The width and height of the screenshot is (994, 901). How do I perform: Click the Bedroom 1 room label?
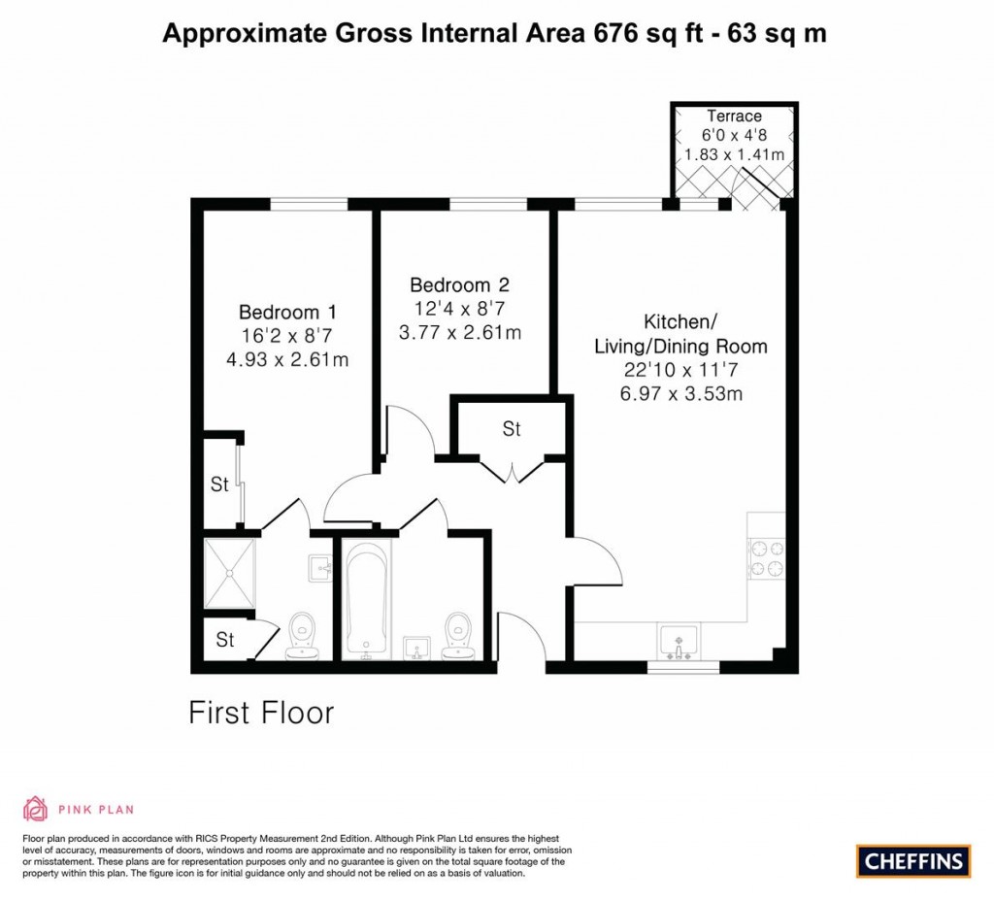tap(287, 313)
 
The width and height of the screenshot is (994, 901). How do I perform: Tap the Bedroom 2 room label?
tap(459, 285)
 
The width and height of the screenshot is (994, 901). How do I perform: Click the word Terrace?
tap(734, 117)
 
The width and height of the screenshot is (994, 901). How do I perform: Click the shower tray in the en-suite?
tap(230, 574)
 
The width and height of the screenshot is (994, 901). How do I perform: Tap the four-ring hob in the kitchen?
tap(765, 558)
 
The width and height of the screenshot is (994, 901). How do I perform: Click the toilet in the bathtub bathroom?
tap(454, 637)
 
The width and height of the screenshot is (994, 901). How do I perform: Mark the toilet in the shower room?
tap(304, 637)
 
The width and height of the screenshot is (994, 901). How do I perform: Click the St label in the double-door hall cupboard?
tap(511, 428)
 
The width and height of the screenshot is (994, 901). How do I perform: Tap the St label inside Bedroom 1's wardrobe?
tap(220, 484)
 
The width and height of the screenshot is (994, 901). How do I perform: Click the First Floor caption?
tap(261, 713)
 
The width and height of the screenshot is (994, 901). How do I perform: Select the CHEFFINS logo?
tap(913, 860)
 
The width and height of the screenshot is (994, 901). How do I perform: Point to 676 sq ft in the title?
tap(644, 34)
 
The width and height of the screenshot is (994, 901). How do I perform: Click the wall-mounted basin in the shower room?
tap(320, 567)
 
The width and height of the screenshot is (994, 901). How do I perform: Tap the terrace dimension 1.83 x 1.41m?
tap(734, 154)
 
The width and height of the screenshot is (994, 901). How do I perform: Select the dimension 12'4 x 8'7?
tap(459, 309)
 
